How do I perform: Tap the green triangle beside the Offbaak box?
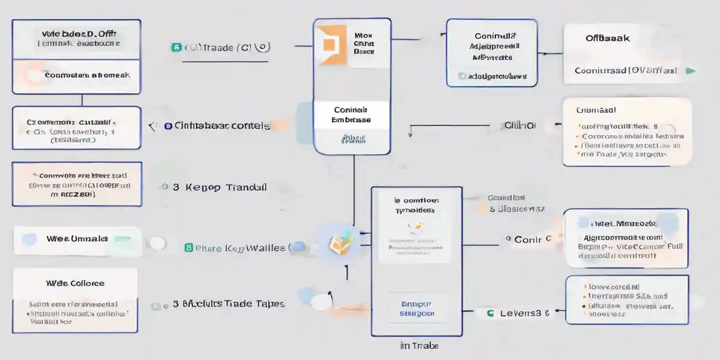coord(691,70)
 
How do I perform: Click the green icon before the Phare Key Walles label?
coord(188,247)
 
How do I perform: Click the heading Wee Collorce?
coord(75,283)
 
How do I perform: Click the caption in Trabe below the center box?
coord(419,346)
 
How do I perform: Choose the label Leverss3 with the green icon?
coord(521,313)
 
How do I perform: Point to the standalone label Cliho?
coord(520,126)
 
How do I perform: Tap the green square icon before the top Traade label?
coord(176,47)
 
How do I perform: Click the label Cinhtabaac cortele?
coord(222,126)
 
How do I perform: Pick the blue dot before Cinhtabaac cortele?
coord(168,126)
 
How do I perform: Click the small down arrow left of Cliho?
coord(410,132)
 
